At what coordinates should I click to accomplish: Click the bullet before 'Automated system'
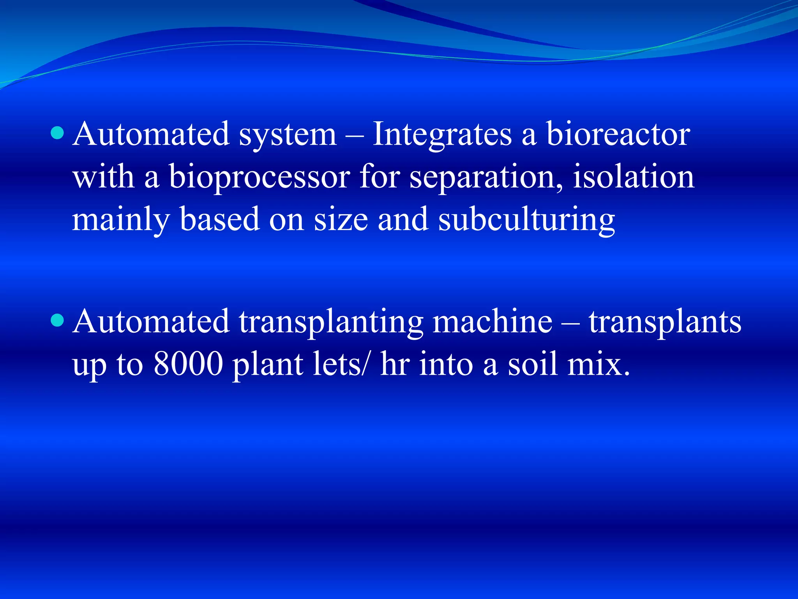pos(57,133)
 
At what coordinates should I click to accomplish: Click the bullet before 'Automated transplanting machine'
pos(57,321)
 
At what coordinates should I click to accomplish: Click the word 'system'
pos(288,135)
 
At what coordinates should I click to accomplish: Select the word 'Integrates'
pos(442,135)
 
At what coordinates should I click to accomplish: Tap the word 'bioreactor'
pos(618,135)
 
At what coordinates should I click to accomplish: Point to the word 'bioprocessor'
pos(259,177)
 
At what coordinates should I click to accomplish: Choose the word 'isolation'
pos(634,177)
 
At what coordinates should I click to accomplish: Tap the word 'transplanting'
pos(331,322)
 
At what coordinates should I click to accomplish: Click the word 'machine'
pos(493,322)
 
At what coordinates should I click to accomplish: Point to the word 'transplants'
pos(665,322)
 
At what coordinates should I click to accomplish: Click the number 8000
pos(188,364)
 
